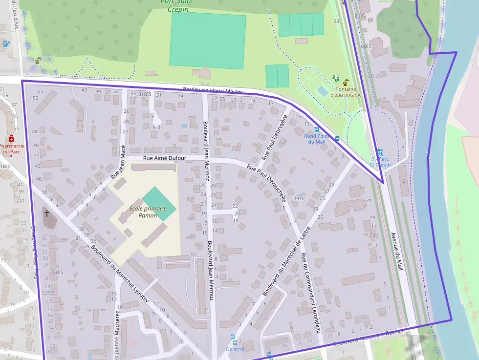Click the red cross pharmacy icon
[x=11, y=139]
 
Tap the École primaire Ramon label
[x=148, y=212]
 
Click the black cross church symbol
[x=47, y=213]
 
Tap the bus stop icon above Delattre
[x=232, y=338]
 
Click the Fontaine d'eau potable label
[x=346, y=92]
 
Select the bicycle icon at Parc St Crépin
[x=380, y=152]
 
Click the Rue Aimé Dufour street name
[x=165, y=158]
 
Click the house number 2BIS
[x=299, y=198]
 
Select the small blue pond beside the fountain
[x=322, y=91]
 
